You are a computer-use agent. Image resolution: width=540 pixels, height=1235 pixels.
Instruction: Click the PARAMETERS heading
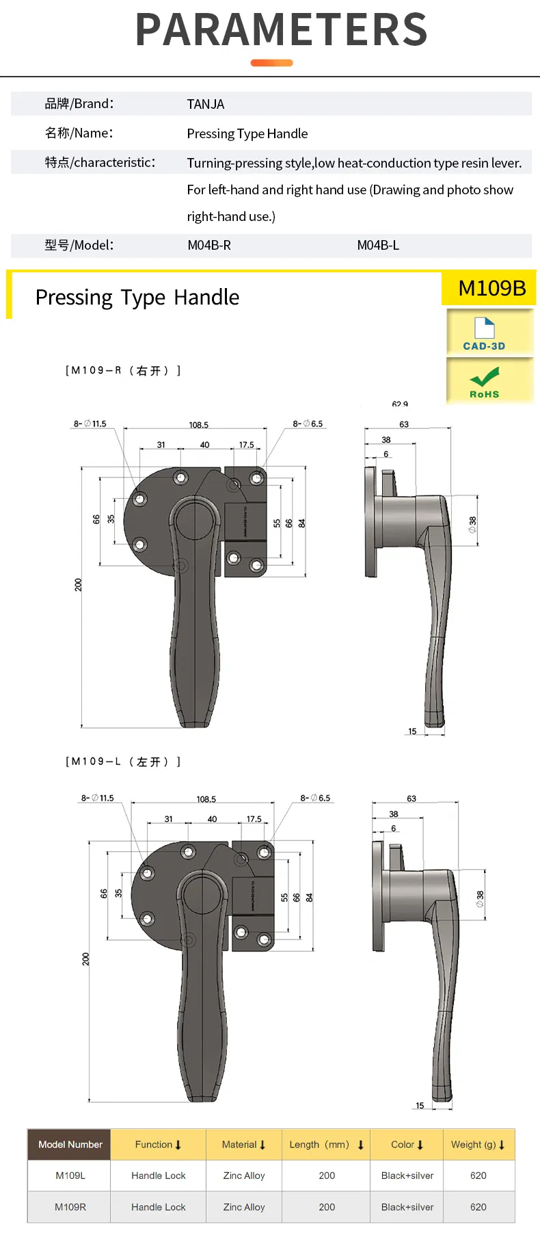(282, 30)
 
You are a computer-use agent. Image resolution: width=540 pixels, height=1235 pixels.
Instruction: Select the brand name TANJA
(205, 104)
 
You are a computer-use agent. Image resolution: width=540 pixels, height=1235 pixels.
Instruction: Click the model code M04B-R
(209, 245)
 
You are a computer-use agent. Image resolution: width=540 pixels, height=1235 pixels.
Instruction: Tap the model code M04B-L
(378, 245)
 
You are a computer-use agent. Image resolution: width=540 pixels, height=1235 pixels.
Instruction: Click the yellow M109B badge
(491, 288)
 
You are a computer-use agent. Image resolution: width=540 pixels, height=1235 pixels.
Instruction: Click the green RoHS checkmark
(484, 377)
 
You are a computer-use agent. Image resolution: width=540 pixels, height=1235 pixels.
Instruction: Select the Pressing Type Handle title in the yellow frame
(137, 298)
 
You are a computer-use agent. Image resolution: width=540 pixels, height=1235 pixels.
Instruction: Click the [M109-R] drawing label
(123, 370)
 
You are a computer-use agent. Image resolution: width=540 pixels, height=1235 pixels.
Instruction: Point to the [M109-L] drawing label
(123, 762)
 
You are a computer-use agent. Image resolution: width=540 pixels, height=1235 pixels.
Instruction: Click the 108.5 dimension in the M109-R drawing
(199, 425)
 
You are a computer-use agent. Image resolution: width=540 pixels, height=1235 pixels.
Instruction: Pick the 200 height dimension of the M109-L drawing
(86, 959)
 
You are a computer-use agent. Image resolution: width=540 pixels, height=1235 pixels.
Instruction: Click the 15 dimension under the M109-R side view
(412, 731)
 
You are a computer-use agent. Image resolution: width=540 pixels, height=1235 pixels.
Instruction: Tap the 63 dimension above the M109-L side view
(411, 798)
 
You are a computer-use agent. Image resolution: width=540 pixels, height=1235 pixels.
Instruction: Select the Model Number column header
(70, 1145)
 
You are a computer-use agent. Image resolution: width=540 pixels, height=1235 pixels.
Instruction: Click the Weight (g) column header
(478, 1145)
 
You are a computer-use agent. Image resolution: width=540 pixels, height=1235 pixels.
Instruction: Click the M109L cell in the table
(70, 1175)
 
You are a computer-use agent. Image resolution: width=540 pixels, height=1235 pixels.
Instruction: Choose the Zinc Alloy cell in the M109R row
(243, 1207)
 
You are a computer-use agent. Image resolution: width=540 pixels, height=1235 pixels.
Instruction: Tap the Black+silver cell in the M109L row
(407, 1175)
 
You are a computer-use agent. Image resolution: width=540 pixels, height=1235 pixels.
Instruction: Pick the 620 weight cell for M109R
(478, 1207)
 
